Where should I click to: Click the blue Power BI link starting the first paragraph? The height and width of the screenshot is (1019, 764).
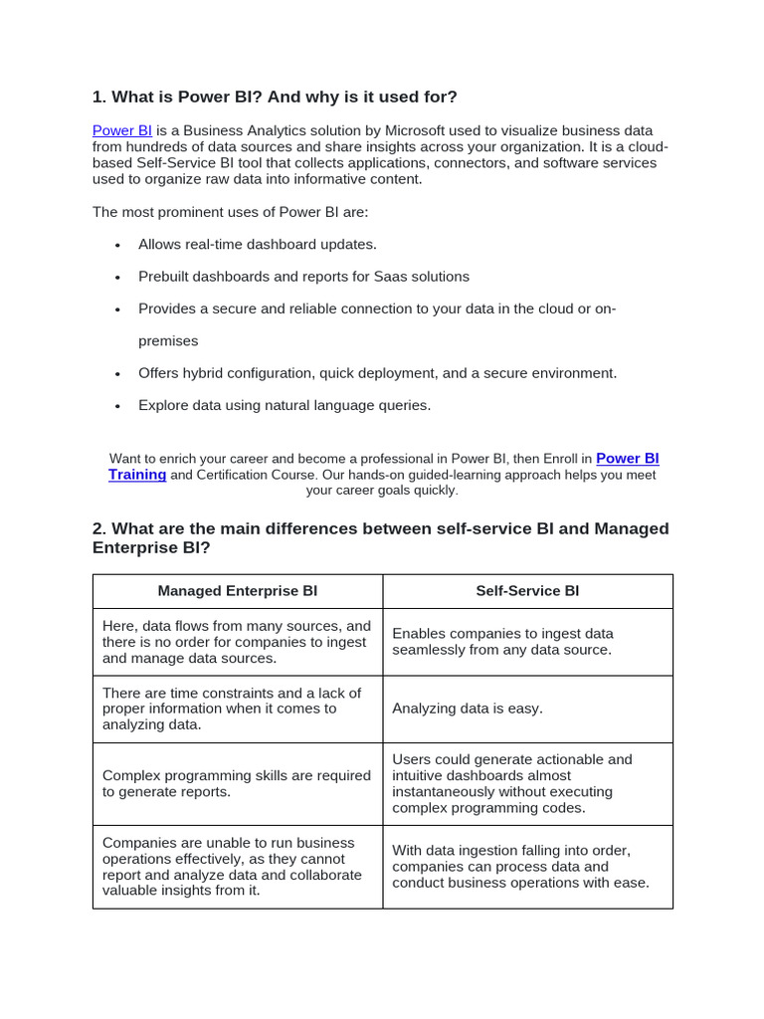121,130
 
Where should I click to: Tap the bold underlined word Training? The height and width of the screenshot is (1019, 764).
137,475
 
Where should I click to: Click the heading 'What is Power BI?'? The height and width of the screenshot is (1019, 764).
275,97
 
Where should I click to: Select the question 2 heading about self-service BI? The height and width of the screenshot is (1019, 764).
380,537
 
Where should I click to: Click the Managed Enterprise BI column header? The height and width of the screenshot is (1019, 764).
238,591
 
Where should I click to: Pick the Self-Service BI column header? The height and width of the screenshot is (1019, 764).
527,591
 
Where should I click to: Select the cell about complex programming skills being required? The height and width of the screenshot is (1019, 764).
237,783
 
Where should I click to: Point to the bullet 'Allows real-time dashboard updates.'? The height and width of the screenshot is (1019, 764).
258,244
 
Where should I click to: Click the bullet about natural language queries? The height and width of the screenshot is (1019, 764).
285,405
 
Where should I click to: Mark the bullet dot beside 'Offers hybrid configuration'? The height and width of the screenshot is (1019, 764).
117,374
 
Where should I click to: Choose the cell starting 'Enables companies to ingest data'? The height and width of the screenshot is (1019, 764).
502,642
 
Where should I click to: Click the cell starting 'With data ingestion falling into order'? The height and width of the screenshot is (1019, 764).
520,866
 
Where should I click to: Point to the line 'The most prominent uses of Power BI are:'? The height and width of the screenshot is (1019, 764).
230,212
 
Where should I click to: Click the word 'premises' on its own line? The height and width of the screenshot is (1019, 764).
168,340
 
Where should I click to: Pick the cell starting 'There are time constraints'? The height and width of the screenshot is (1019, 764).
232,709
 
